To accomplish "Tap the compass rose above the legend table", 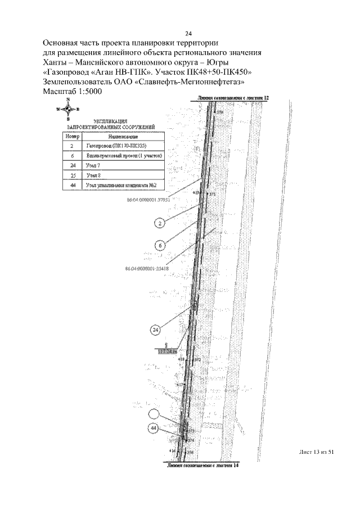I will tap(68, 109).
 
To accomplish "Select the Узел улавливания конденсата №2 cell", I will tap(121, 185).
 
